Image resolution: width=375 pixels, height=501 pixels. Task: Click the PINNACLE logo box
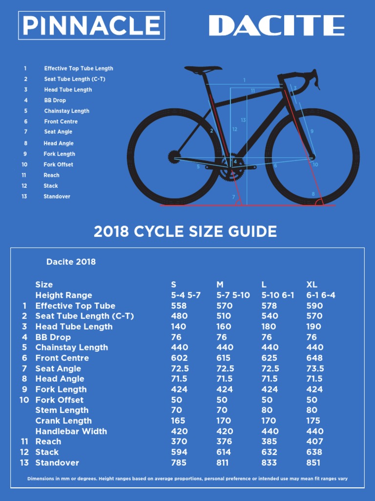tap(92, 25)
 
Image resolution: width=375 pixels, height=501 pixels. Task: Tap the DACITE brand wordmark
tap(277, 25)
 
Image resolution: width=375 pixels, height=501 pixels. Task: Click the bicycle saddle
tap(202, 69)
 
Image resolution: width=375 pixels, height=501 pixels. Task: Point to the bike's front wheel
tap(312, 157)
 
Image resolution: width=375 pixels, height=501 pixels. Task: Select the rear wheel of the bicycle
tap(174, 157)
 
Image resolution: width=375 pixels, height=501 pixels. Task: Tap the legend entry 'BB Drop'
tap(55, 100)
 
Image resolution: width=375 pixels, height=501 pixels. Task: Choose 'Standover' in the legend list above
tap(57, 196)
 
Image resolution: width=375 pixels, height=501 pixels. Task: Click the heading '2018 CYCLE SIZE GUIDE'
tap(185, 231)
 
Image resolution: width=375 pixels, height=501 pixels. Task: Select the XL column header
tap(312, 284)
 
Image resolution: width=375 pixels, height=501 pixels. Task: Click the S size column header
tap(174, 284)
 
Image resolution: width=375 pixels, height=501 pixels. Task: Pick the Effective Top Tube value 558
tap(179, 306)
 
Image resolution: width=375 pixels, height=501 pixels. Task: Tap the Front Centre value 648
tap(314, 358)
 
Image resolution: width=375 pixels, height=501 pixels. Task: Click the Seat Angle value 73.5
tap(314, 368)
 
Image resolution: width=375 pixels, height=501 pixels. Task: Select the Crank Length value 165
tap(178, 421)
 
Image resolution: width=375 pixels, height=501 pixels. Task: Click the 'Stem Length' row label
tap(62, 410)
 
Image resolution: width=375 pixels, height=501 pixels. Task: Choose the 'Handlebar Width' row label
tap(71, 431)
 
